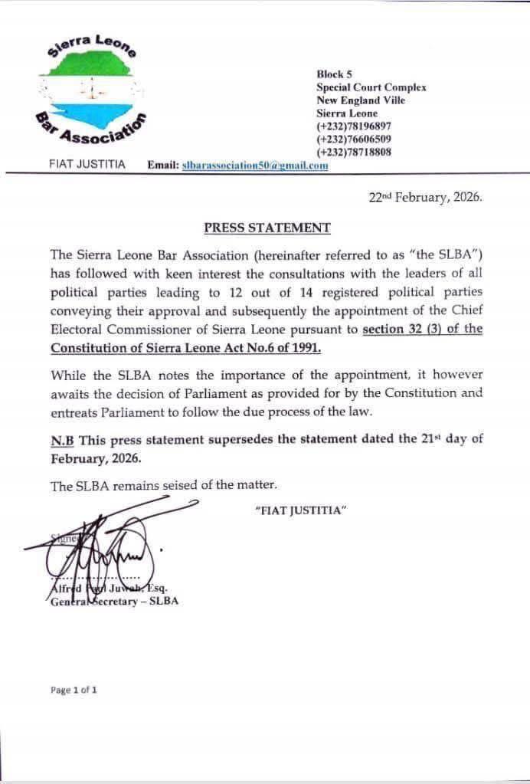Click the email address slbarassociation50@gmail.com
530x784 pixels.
(x=255, y=165)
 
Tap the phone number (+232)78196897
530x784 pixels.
(x=354, y=126)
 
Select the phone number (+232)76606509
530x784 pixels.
(x=354, y=139)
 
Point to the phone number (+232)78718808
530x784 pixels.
(x=354, y=152)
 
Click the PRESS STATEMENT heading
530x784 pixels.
(x=267, y=228)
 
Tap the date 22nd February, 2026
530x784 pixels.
(x=425, y=197)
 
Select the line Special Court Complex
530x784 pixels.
(x=371, y=87)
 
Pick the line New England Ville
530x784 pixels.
(x=361, y=100)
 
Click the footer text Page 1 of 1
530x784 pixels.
(x=74, y=690)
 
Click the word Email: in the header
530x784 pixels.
(x=162, y=165)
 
